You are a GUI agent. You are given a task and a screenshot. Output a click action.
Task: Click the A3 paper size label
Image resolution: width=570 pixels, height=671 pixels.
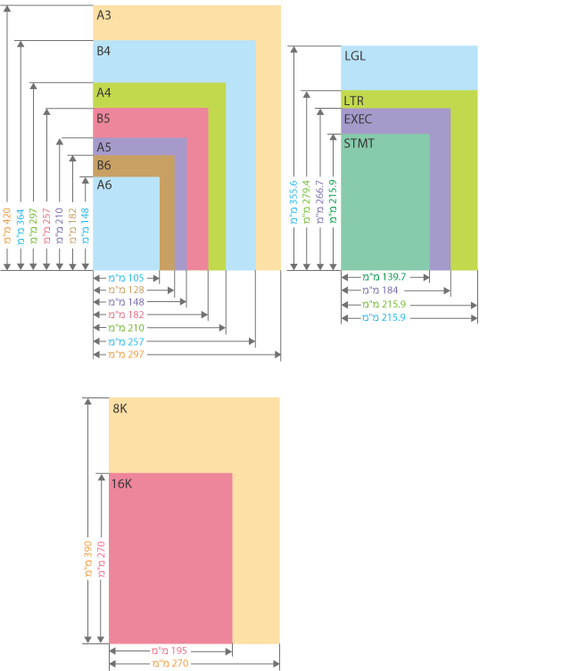coord(104,15)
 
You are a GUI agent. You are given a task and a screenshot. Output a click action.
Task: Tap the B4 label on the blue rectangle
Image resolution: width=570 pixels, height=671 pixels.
coord(103,52)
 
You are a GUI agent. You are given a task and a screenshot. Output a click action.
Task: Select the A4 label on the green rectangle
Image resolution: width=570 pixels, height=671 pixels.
coord(103,93)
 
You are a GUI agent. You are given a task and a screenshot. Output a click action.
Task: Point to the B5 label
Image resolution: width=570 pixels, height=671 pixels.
coord(103,119)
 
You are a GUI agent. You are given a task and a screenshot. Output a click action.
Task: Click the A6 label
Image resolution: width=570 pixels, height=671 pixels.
coord(104,185)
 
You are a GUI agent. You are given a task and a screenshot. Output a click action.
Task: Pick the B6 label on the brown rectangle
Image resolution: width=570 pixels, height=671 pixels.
coord(103,166)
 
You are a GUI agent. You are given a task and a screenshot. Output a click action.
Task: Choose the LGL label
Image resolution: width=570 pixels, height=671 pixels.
coord(355,56)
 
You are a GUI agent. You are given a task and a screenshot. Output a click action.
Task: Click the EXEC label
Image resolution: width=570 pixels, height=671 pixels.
coord(358,119)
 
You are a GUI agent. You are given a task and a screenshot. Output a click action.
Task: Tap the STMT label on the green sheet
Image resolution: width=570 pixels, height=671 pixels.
coord(359,143)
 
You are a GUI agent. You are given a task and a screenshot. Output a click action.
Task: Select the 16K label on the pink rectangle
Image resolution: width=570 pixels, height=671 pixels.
coord(122,484)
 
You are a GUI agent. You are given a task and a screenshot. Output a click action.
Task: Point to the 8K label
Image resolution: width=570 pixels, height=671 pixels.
coord(120,409)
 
